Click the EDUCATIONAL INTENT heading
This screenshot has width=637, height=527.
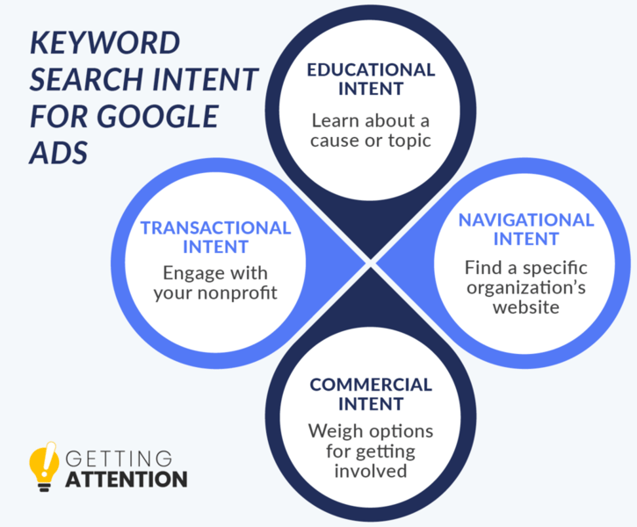pyautogui.click(x=371, y=79)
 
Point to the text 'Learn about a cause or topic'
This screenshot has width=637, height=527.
pyautogui.click(x=371, y=129)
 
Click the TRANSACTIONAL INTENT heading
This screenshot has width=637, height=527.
pyautogui.click(x=215, y=237)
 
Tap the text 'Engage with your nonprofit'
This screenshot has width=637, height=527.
pyautogui.click(x=215, y=282)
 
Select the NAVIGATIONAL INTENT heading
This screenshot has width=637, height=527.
pyautogui.click(x=526, y=228)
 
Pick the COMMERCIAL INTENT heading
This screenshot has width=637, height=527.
pyautogui.click(x=371, y=394)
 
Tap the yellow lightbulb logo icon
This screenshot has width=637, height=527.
pyautogui.click(x=43, y=466)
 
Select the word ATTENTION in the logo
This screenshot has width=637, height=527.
pyautogui.click(x=127, y=480)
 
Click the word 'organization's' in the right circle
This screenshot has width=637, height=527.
pyautogui.click(x=526, y=288)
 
